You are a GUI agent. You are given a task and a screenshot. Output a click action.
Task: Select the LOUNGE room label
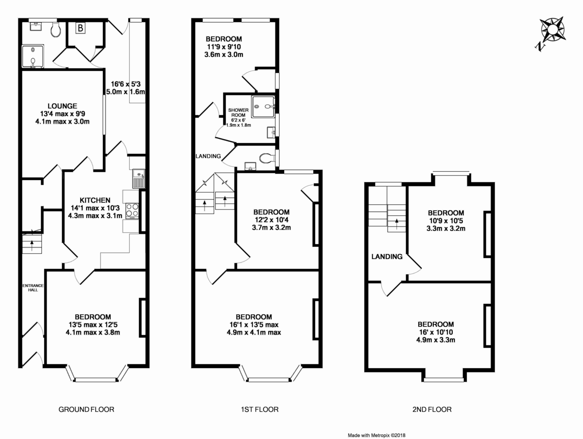click(x=62, y=106)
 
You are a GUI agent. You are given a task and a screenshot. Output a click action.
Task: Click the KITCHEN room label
click(x=95, y=200)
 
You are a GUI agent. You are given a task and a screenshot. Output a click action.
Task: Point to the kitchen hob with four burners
click(x=132, y=211)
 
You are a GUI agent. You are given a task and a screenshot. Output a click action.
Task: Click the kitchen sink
click(x=138, y=178)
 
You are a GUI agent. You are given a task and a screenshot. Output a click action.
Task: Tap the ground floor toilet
click(x=55, y=30)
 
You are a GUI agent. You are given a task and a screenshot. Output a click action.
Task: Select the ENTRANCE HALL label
click(x=33, y=288)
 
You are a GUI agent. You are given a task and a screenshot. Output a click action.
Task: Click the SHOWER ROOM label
click(x=239, y=113)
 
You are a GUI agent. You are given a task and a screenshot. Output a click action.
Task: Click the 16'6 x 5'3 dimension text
click(x=126, y=83)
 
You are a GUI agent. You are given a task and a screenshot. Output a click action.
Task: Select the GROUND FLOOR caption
click(x=86, y=409)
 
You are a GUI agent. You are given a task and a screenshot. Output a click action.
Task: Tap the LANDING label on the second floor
click(x=387, y=257)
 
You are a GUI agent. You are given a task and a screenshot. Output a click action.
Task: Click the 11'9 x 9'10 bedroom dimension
click(x=223, y=47)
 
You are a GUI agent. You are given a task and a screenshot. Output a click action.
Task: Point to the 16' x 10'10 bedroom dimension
click(x=436, y=332)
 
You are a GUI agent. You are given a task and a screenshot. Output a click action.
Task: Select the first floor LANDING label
click(x=208, y=156)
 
